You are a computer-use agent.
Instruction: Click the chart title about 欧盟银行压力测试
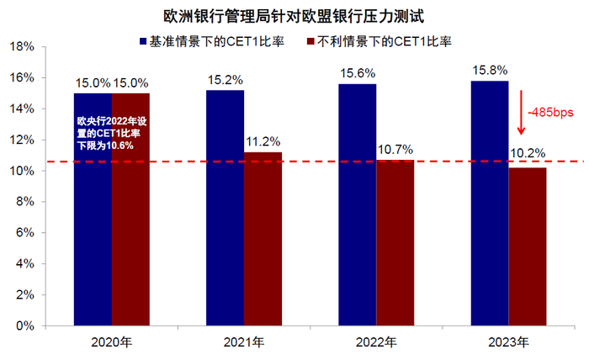294,15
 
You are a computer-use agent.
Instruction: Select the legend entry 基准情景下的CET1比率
215,40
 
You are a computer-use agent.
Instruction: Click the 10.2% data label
528,154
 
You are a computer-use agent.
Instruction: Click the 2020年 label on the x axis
111,343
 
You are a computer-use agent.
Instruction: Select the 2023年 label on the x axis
508,343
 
